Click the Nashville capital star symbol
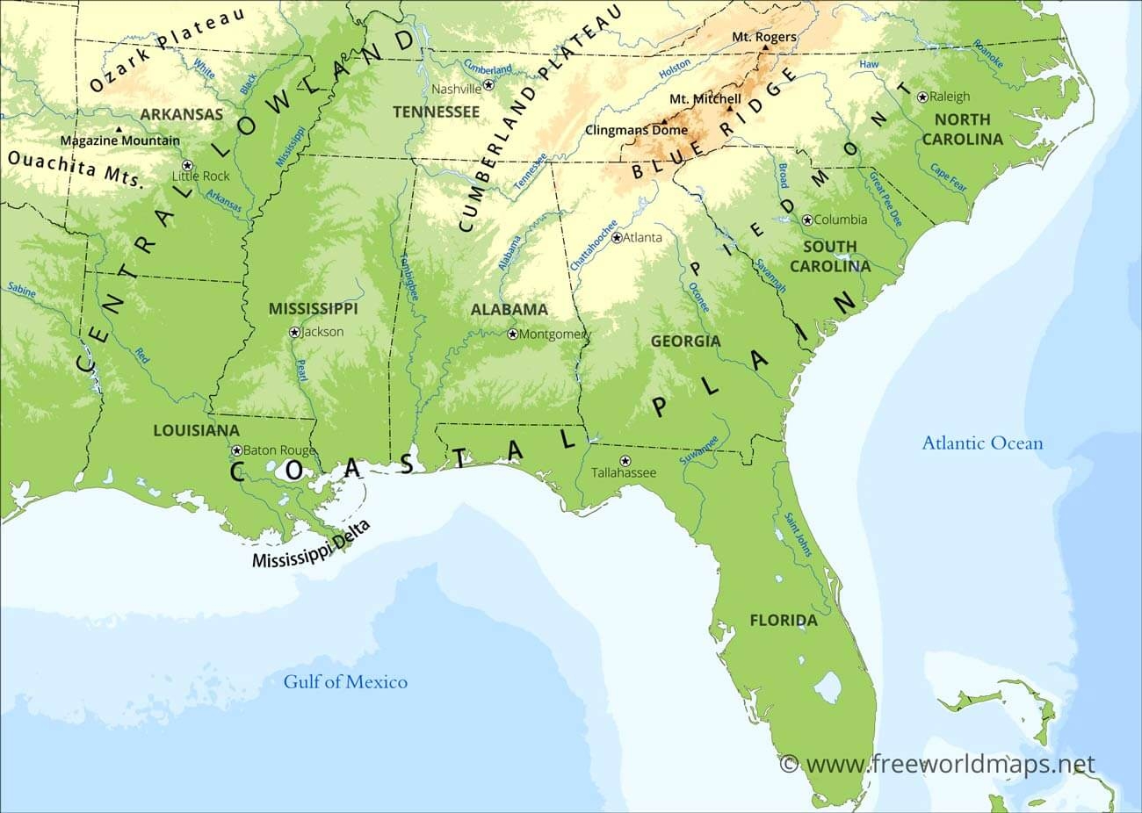(x=489, y=87)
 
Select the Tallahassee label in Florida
(x=624, y=472)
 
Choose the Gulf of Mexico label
(x=345, y=681)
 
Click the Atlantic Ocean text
(x=982, y=442)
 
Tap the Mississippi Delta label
(x=311, y=545)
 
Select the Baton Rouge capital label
(x=278, y=450)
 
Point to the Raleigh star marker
(x=922, y=97)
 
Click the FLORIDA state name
(x=783, y=621)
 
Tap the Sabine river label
(x=20, y=290)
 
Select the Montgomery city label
(x=556, y=334)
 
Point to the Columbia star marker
(x=807, y=219)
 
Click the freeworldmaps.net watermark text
(x=950, y=764)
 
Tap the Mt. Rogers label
(x=764, y=37)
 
